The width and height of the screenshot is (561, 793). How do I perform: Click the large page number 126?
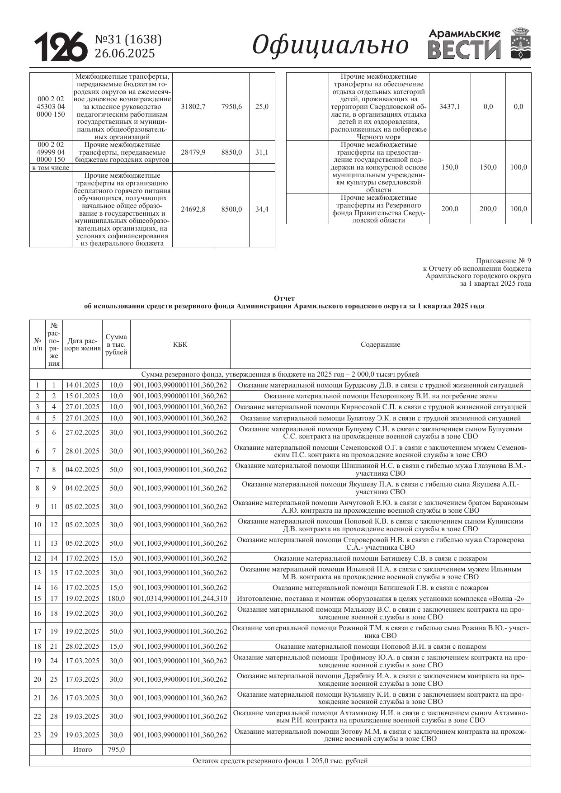pyautogui.click(x=61, y=46)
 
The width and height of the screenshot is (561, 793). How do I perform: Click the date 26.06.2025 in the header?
pyautogui.click(x=124, y=53)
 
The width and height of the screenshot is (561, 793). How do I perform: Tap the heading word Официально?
pyautogui.click(x=330, y=45)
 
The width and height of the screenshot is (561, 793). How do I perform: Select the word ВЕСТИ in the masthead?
pyautogui.click(x=464, y=50)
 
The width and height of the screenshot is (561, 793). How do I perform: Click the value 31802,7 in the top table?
pyautogui.click(x=193, y=107)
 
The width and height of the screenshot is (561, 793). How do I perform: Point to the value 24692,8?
pyautogui.click(x=193, y=209)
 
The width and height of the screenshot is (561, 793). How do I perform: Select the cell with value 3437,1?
pyautogui.click(x=449, y=107)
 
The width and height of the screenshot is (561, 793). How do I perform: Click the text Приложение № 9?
pyautogui.click(x=503, y=261)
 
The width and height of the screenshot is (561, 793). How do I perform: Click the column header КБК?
pyautogui.click(x=180, y=345)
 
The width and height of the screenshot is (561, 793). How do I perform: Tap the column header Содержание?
pyautogui.click(x=380, y=345)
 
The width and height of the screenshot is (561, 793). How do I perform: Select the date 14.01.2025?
pyautogui.click(x=82, y=385)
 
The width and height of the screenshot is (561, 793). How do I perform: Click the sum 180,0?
pyautogui.click(x=116, y=599)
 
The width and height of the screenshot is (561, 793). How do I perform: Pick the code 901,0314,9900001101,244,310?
pyautogui.click(x=180, y=599)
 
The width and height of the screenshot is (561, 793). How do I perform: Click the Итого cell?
pyautogui.click(x=82, y=750)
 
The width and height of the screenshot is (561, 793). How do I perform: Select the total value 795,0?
pyautogui.click(x=116, y=750)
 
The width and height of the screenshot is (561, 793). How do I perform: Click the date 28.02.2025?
pyautogui.click(x=82, y=647)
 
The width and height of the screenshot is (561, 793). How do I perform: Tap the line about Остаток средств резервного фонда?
pyautogui.click(x=280, y=761)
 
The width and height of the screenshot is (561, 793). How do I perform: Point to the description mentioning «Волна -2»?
pyautogui.click(x=380, y=599)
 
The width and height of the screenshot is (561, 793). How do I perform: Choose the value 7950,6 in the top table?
pyautogui.click(x=231, y=107)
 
